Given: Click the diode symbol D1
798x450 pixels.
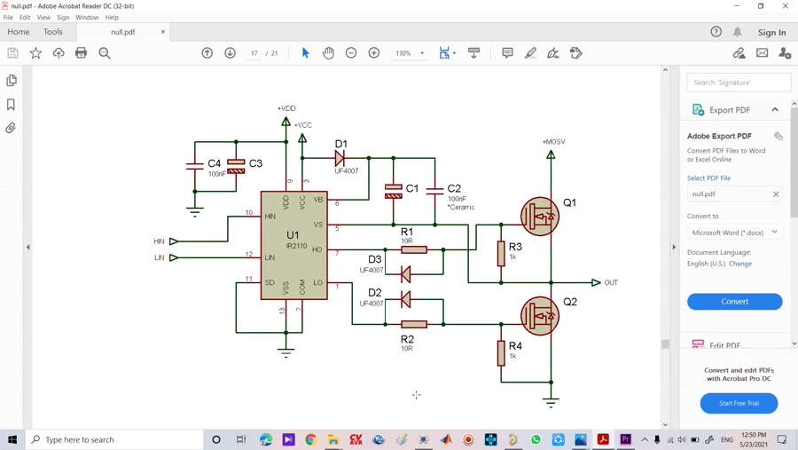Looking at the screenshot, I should (340, 158).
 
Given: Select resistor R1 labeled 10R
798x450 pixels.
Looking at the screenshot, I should (414, 250).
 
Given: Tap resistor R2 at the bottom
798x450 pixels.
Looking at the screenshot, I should (414, 324).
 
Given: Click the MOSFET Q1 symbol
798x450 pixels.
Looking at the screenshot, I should (539, 215).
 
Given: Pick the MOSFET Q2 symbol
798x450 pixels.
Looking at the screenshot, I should (539, 315).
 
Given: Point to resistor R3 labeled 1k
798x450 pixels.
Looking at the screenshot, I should (501, 253).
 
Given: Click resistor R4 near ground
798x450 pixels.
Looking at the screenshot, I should (501, 352).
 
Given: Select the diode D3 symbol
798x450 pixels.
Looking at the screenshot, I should (405, 274).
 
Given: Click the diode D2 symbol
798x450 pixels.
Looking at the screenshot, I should (405, 300).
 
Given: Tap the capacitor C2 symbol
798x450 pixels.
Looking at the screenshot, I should (434, 190).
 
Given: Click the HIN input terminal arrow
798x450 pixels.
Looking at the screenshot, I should (174, 241).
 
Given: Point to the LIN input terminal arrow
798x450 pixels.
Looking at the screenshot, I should (174, 257).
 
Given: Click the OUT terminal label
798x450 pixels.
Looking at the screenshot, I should (611, 282).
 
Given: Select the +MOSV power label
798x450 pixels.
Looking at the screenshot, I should (553, 142).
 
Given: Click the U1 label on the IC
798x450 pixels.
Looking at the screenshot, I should (293, 235).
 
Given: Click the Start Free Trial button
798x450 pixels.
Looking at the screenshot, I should (739, 403).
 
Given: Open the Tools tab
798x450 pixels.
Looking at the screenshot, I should (53, 32).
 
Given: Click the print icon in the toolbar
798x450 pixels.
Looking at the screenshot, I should (81, 53).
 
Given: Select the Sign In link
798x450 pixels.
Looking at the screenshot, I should (771, 32).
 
